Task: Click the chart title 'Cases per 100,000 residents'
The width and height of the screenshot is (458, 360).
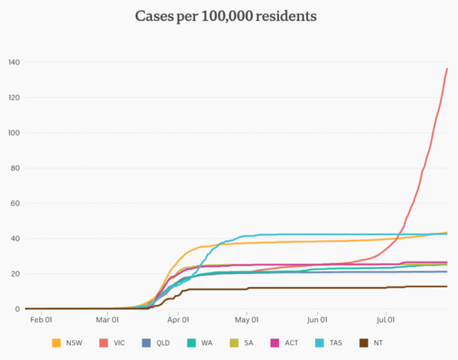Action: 228,16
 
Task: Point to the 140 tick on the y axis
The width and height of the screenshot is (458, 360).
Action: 13,62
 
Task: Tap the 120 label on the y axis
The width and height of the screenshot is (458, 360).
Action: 13,98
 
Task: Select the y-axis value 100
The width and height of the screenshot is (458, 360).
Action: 13,132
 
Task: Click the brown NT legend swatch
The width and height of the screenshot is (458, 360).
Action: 364,343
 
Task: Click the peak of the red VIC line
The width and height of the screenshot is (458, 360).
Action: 447,69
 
